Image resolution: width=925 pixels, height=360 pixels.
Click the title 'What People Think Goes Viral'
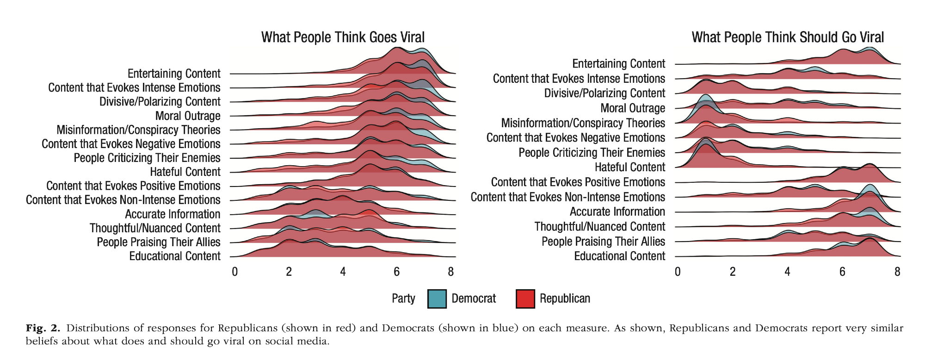click(x=343, y=37)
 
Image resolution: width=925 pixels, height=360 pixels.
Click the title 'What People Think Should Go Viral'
click(x=787, y=37)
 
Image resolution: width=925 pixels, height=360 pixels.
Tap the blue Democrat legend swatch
click(x=437, y=298)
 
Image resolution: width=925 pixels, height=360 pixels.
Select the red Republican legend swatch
click(x=525, y=298)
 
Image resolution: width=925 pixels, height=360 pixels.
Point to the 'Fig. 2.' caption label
click(x=43, y=328)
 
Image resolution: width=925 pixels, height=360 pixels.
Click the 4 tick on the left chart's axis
click(x=343, y=272)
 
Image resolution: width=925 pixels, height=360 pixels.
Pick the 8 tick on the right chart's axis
click(x=897, y=272)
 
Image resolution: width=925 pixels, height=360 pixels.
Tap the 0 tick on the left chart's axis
click(x=235, y=272)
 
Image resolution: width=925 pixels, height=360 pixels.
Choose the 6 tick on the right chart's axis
click(x=842, y=272)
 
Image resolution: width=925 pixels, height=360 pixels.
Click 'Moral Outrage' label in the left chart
click(x=188, y=116)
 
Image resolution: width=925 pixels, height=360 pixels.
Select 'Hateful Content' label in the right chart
click(x=629, y=167)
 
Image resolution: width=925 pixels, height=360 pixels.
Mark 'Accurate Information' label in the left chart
click(x=173, y=214)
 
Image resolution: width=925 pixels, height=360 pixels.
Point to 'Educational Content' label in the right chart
click(x=619, y=256)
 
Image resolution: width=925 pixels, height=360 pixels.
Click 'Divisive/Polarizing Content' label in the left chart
click(x=160, y=102)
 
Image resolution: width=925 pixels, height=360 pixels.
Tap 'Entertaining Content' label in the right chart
click(x=618, y=64)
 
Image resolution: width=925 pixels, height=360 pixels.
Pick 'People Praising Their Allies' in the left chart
click(x=158, y=242)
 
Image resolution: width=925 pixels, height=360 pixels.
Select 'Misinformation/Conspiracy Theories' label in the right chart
click(x=583, y=123)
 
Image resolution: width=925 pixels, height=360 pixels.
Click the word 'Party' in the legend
click(x=403, y=298)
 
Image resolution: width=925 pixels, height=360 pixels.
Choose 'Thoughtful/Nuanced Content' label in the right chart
click(x=599, y=227)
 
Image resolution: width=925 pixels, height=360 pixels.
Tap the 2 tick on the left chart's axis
click(x=289, y=272)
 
